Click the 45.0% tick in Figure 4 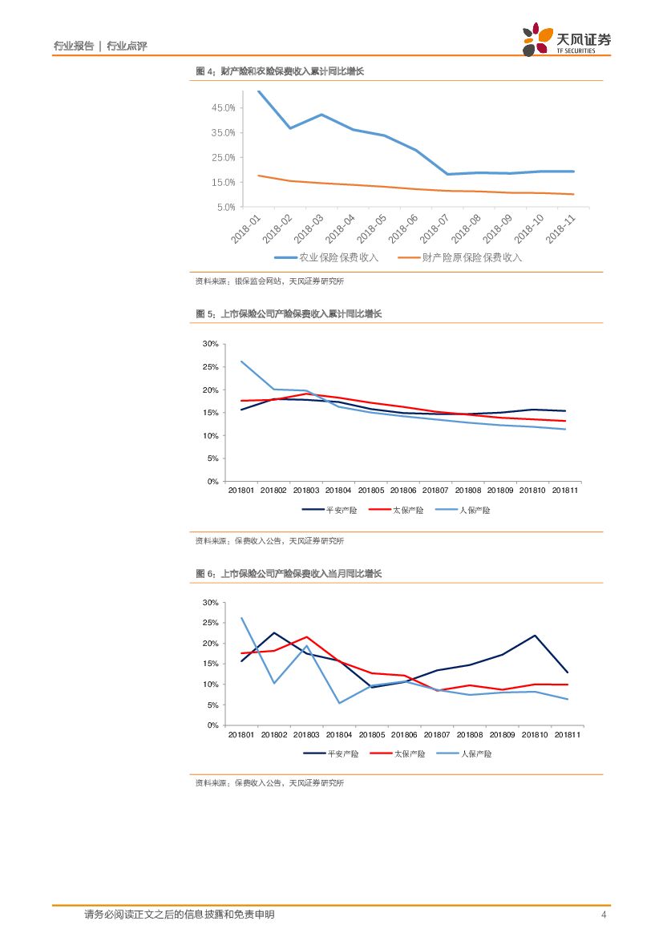[224, 108]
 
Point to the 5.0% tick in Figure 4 [225, 208]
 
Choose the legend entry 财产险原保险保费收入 [460, 257]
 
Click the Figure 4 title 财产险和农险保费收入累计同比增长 [280, 71]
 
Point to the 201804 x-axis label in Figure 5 [339, 490]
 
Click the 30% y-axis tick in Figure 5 [211, 344]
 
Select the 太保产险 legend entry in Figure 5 [406, 510]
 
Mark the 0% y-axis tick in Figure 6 [212, 725]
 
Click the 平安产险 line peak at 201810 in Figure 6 [534, 636]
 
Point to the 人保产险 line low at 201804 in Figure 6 [339, 703]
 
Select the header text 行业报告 [73, 46]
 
